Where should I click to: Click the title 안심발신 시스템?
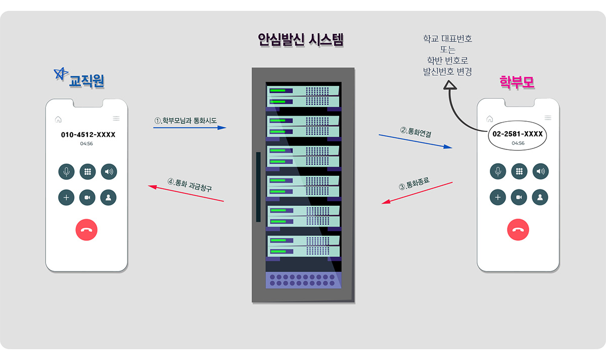click(300, 40)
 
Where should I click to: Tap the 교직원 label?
click(86, 81)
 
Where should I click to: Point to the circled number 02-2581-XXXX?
click(518, 134)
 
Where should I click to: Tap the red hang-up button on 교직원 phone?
click(86, 230)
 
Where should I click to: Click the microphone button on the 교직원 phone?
click(66, 172)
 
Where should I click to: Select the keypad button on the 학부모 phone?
click(519, 171)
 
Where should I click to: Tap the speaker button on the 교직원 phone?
click(109, 172)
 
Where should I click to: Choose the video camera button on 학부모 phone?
click(519, 197)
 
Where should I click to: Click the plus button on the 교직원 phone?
click(66, 197)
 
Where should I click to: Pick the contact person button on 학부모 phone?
click(540, 197)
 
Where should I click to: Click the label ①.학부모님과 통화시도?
click(185, 121)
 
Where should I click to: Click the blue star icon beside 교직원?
click(61, 74)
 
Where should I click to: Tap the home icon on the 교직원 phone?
click(58, 119)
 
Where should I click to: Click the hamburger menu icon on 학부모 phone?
click(548, 119)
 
